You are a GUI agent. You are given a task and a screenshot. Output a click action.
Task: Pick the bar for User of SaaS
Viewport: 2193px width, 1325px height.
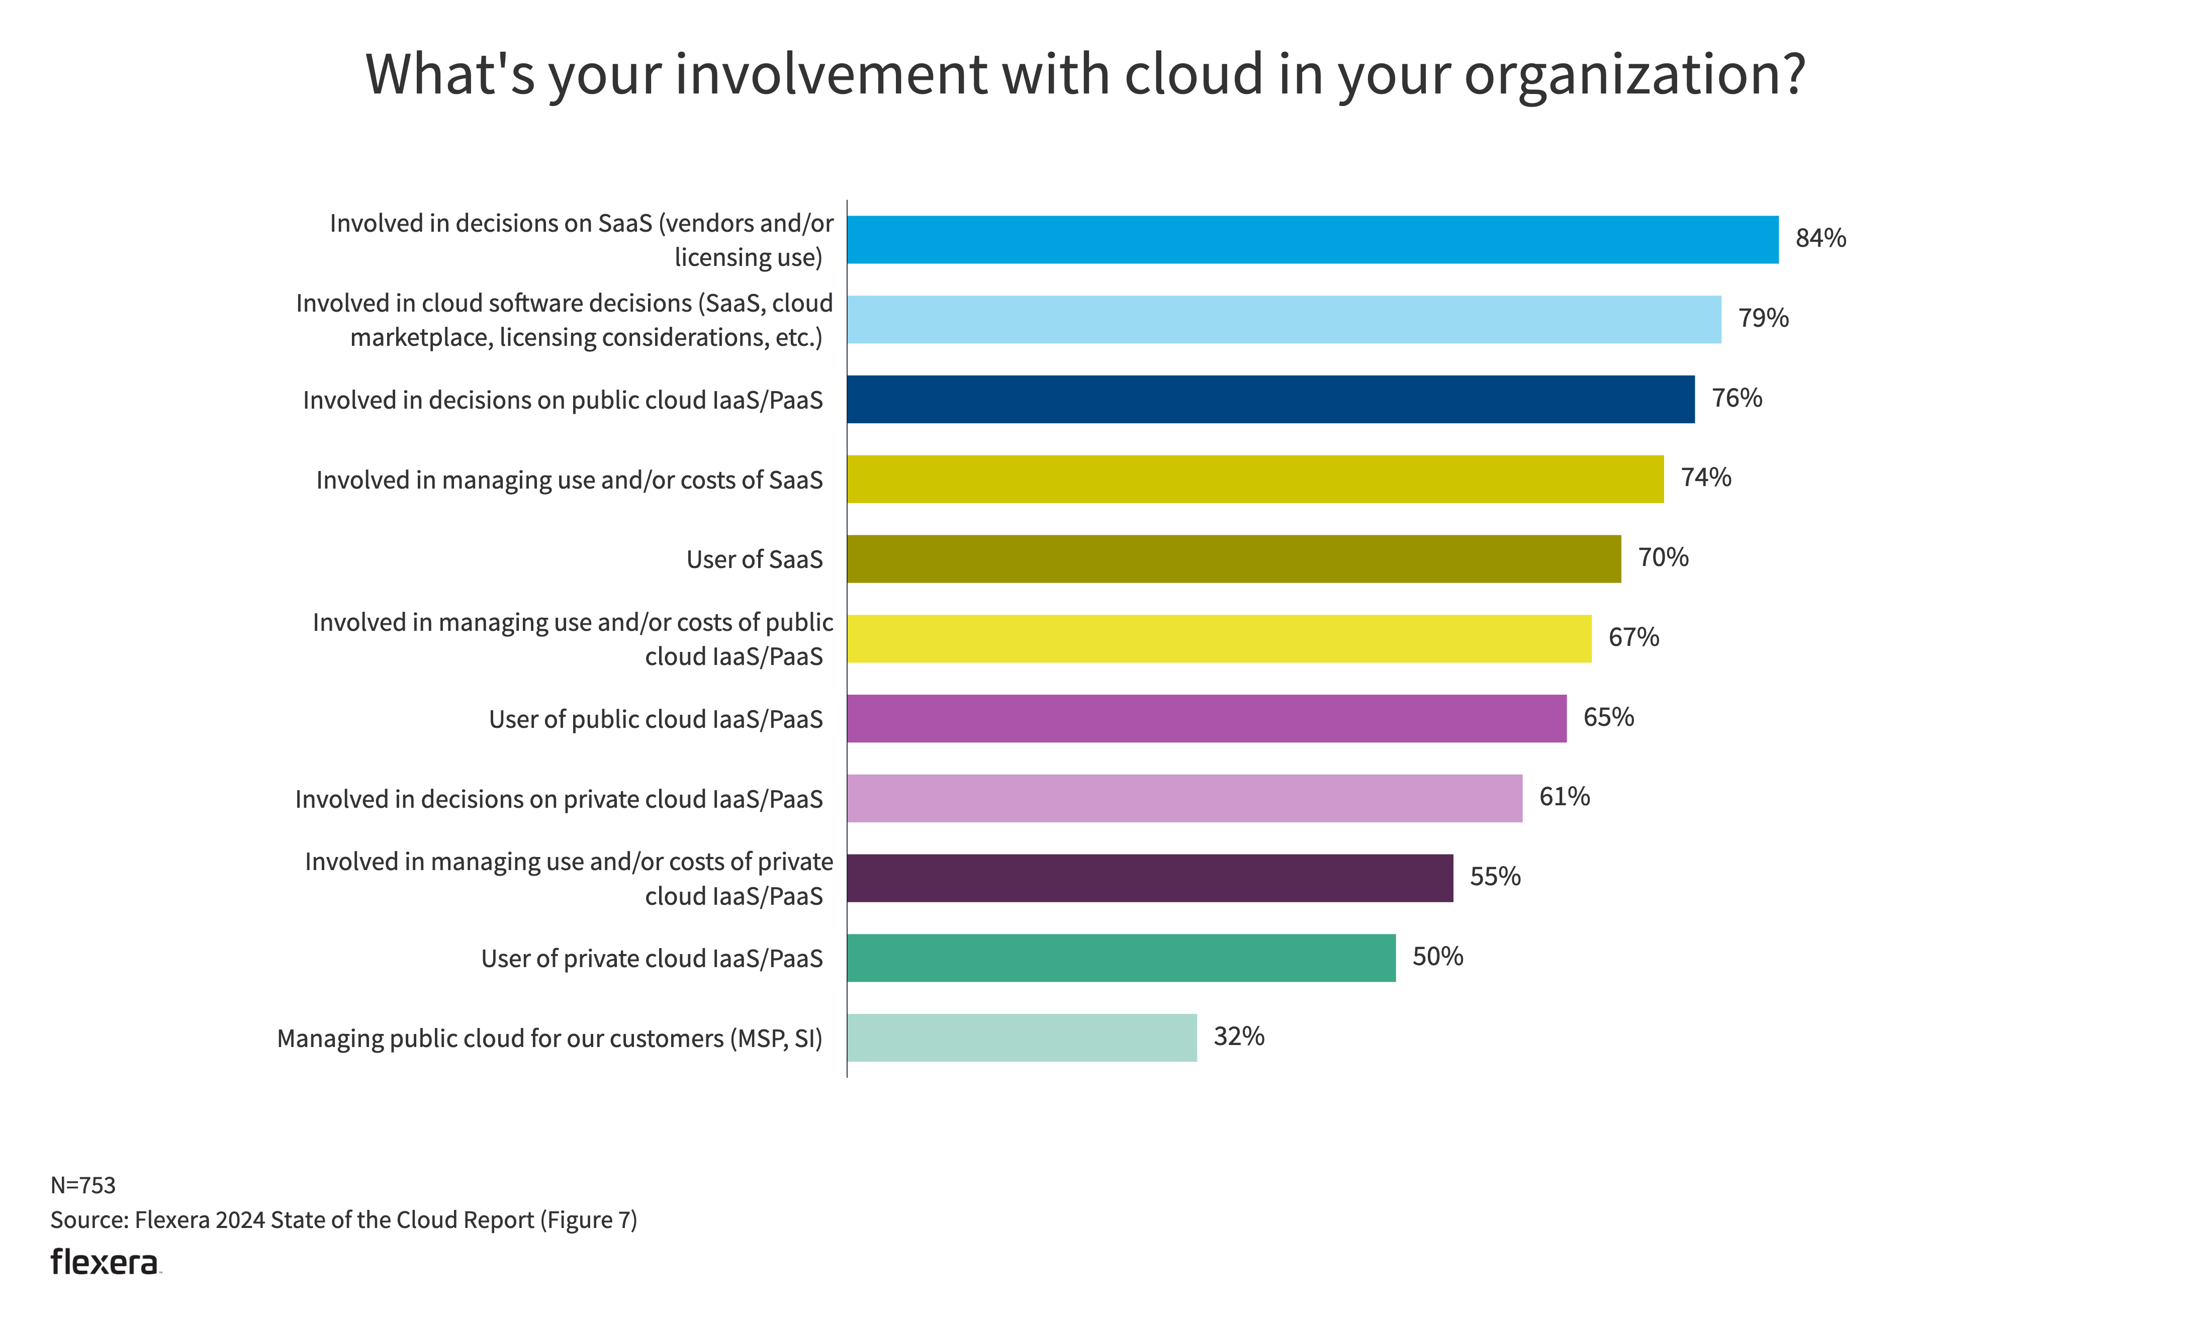[1234, 559]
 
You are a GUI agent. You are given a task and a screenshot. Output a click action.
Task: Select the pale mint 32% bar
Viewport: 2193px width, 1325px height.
[1021, 1037]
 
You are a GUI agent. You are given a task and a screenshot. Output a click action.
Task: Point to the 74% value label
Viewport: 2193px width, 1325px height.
[1705, 478]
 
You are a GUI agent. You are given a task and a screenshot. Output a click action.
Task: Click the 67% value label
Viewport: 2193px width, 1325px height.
[1633, 637]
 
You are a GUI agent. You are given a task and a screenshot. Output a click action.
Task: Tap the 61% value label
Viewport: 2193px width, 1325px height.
[1564, 796]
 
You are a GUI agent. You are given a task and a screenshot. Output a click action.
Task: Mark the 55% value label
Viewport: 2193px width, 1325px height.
[1494, 877]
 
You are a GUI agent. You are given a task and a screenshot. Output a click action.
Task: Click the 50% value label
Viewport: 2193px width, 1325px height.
[1437, 957]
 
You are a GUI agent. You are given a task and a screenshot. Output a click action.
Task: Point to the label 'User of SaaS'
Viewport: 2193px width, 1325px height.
[754, 560]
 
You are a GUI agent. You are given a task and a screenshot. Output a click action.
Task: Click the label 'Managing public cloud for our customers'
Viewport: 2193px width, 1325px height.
[549, 1038]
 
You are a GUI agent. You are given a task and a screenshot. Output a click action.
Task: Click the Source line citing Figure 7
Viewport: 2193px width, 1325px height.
[343, 1220]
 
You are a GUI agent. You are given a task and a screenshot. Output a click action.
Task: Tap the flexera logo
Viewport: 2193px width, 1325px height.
[105, 1262]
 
